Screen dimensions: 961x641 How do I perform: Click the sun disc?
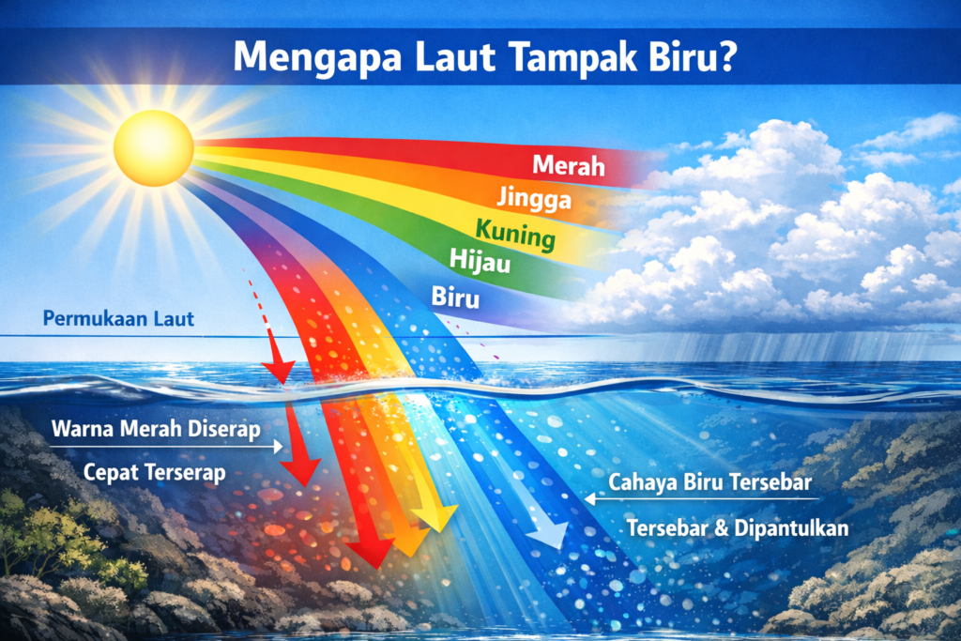click(x=153, y=147)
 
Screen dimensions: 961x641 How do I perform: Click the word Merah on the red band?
click(x=569, y=165)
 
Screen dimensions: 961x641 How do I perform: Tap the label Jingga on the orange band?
click(x=534, y=199)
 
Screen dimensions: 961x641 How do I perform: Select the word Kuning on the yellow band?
click(x=515, y=234)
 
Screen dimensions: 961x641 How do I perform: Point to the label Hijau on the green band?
click(x=480, y=261)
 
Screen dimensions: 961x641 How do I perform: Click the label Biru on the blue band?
click(x=455, y=298)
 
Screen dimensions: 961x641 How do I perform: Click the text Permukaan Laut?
click(x=118, y=319)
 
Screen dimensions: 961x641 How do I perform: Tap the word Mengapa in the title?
click(x=317, y=57)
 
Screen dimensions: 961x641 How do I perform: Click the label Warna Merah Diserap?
click(x=156, y=429)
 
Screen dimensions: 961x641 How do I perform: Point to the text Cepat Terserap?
click(x=155, y=472)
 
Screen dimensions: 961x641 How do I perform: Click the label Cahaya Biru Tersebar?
click(x=709, y=482)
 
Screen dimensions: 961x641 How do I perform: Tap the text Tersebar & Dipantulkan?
click(x=738, y=527)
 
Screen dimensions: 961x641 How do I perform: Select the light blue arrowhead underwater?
click(x=547, y=533)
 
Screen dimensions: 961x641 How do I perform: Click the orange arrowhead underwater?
click(x=407, y=542)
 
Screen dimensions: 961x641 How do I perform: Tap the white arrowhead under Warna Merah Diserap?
click(x=278, y=447)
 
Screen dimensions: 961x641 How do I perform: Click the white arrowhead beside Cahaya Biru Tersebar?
click(x=589, y=499)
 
